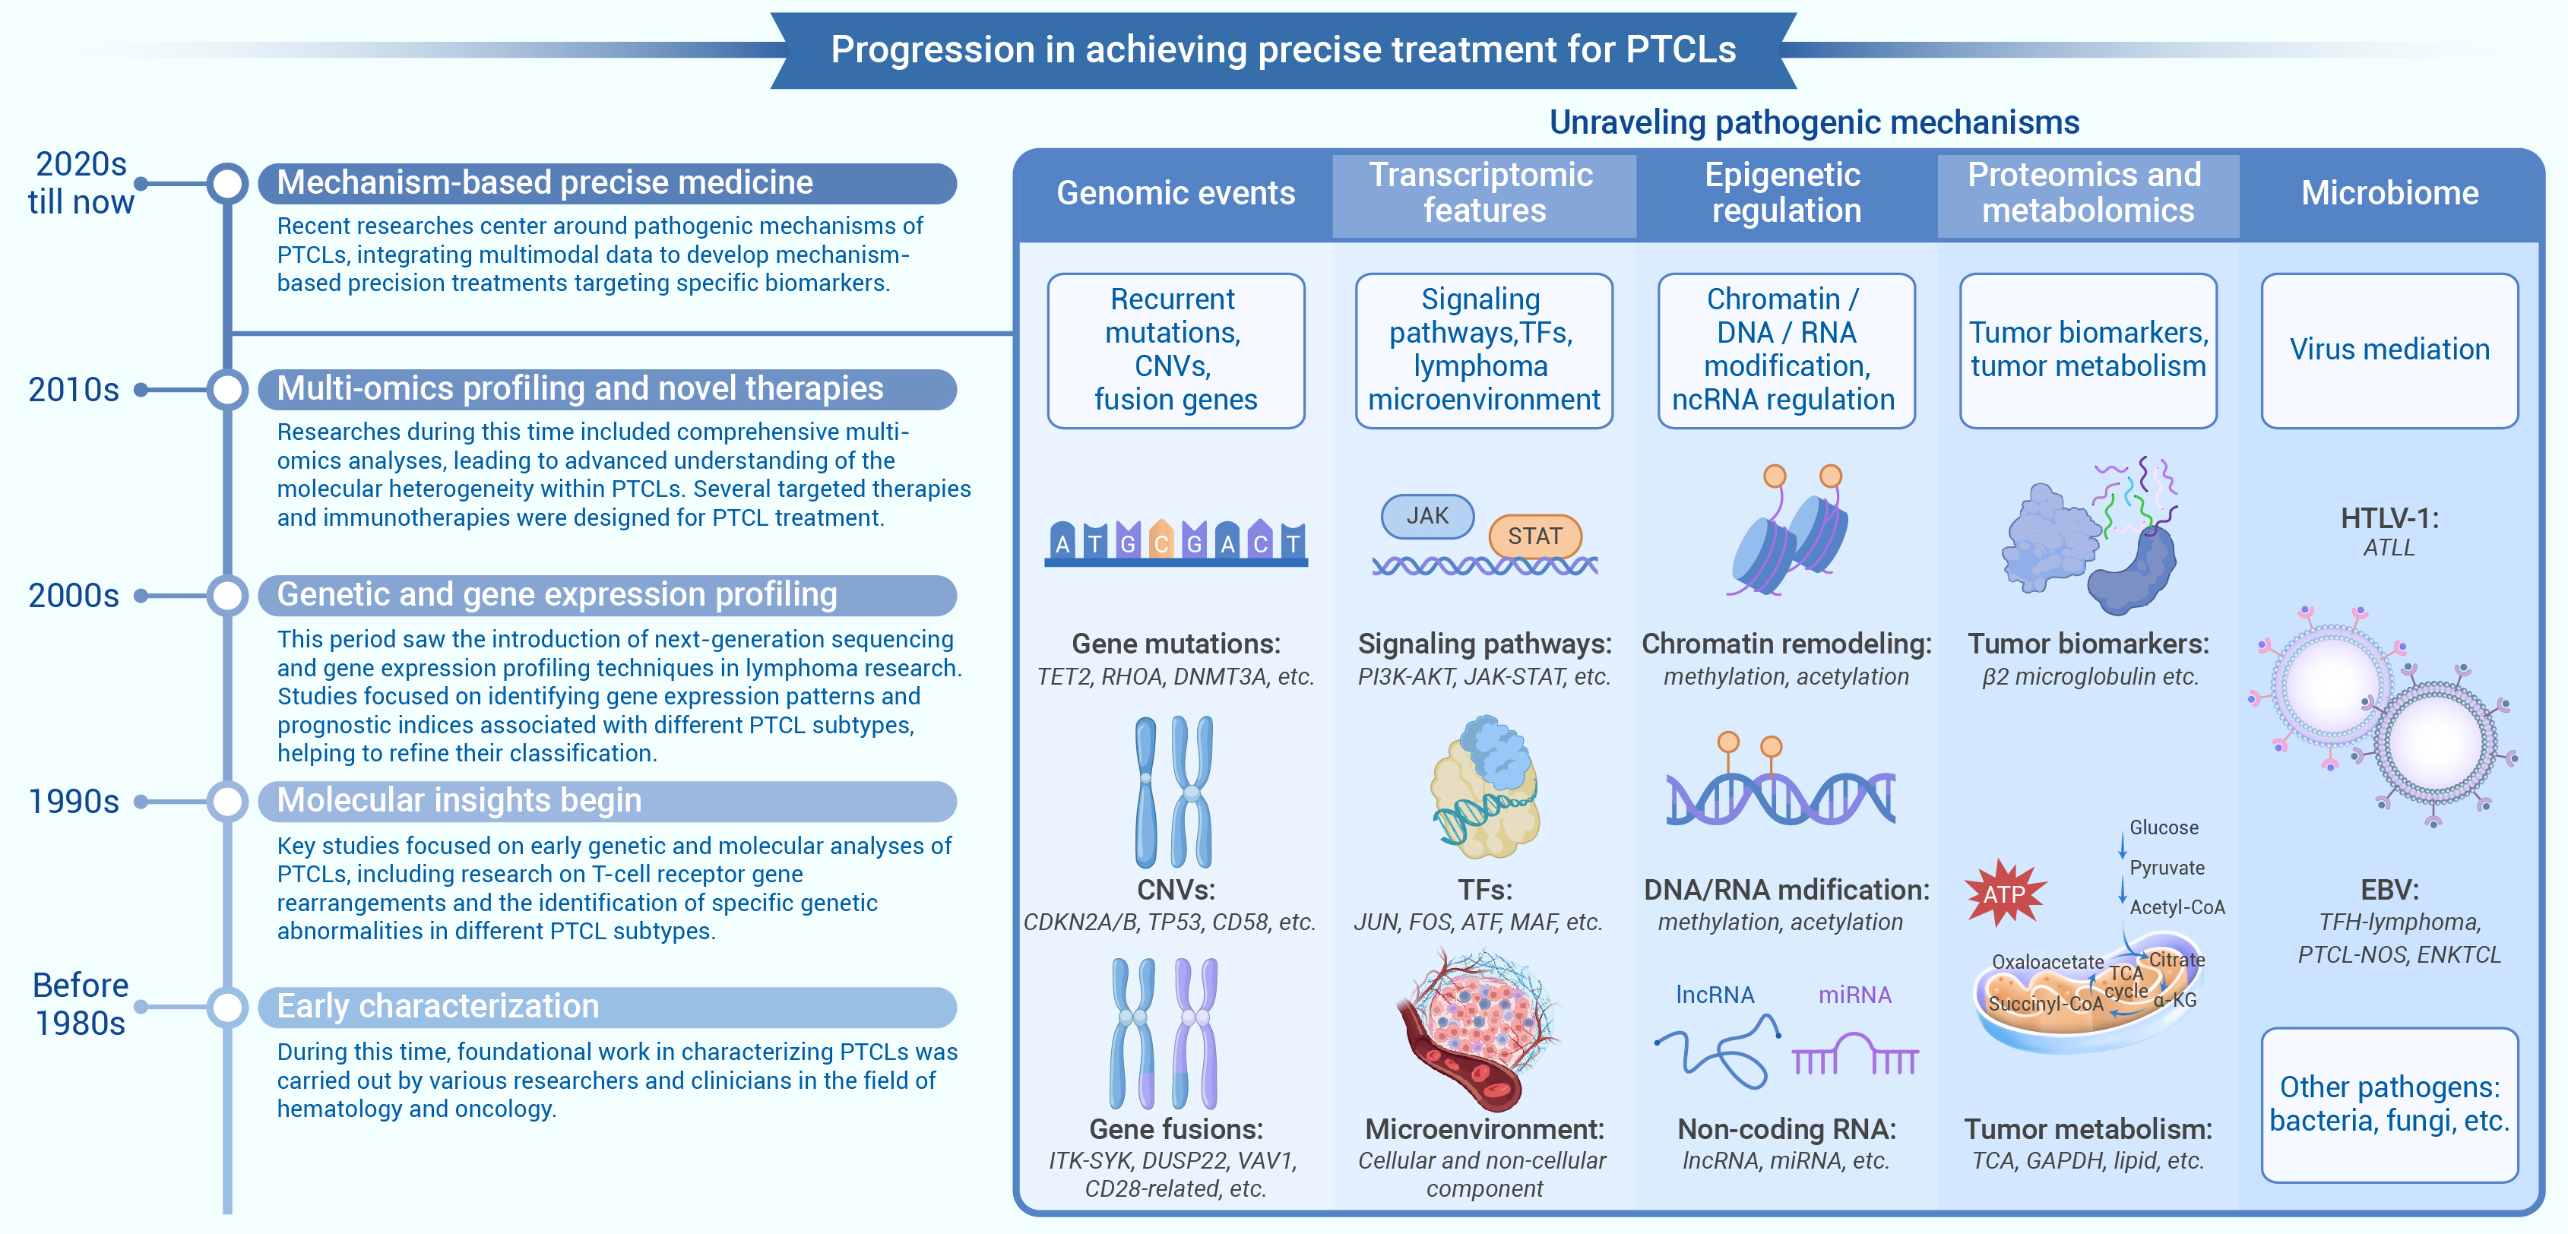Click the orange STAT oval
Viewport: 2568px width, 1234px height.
tap(1534, 536)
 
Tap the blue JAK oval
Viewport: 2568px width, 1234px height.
tap(1427, 517)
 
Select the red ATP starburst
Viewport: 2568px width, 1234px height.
tap(2005, 892)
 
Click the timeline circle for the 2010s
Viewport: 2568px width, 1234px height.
tap(227, 389)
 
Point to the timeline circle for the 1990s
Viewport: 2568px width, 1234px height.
tap(227, 802)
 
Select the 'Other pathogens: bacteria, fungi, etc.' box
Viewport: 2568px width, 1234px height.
tap(2389, 1104)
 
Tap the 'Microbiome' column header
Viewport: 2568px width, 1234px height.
tap(2389, 193)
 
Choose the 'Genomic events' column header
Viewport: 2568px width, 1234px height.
tap(1176, 193)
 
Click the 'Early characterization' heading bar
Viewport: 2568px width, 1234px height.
tap(607, 1007)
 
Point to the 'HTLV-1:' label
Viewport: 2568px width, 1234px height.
tap(2389, 518)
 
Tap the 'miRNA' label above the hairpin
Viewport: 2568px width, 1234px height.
tap(1854, 995)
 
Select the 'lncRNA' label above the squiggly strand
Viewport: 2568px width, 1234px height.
tap(1715, 995)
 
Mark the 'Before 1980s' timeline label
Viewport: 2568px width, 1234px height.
tap(81, 1004)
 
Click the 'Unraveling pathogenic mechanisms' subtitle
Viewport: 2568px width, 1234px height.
tap(1813, 122)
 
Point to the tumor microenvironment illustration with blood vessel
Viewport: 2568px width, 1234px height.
tap(1477, 1029)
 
